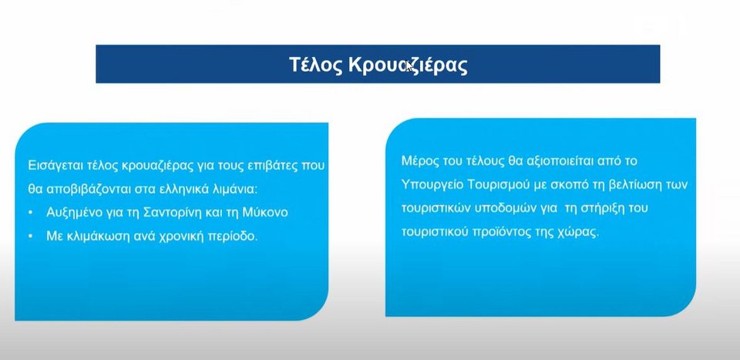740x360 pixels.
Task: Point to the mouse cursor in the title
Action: pyautogui.click(x=409, y=66)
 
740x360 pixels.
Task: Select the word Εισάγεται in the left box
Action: pyautogui.click(x=56, y=167)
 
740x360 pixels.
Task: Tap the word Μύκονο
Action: pyautogui.click(x=265, y=213)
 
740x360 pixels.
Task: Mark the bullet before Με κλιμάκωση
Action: pyautogui.click(x=31, y=237)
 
